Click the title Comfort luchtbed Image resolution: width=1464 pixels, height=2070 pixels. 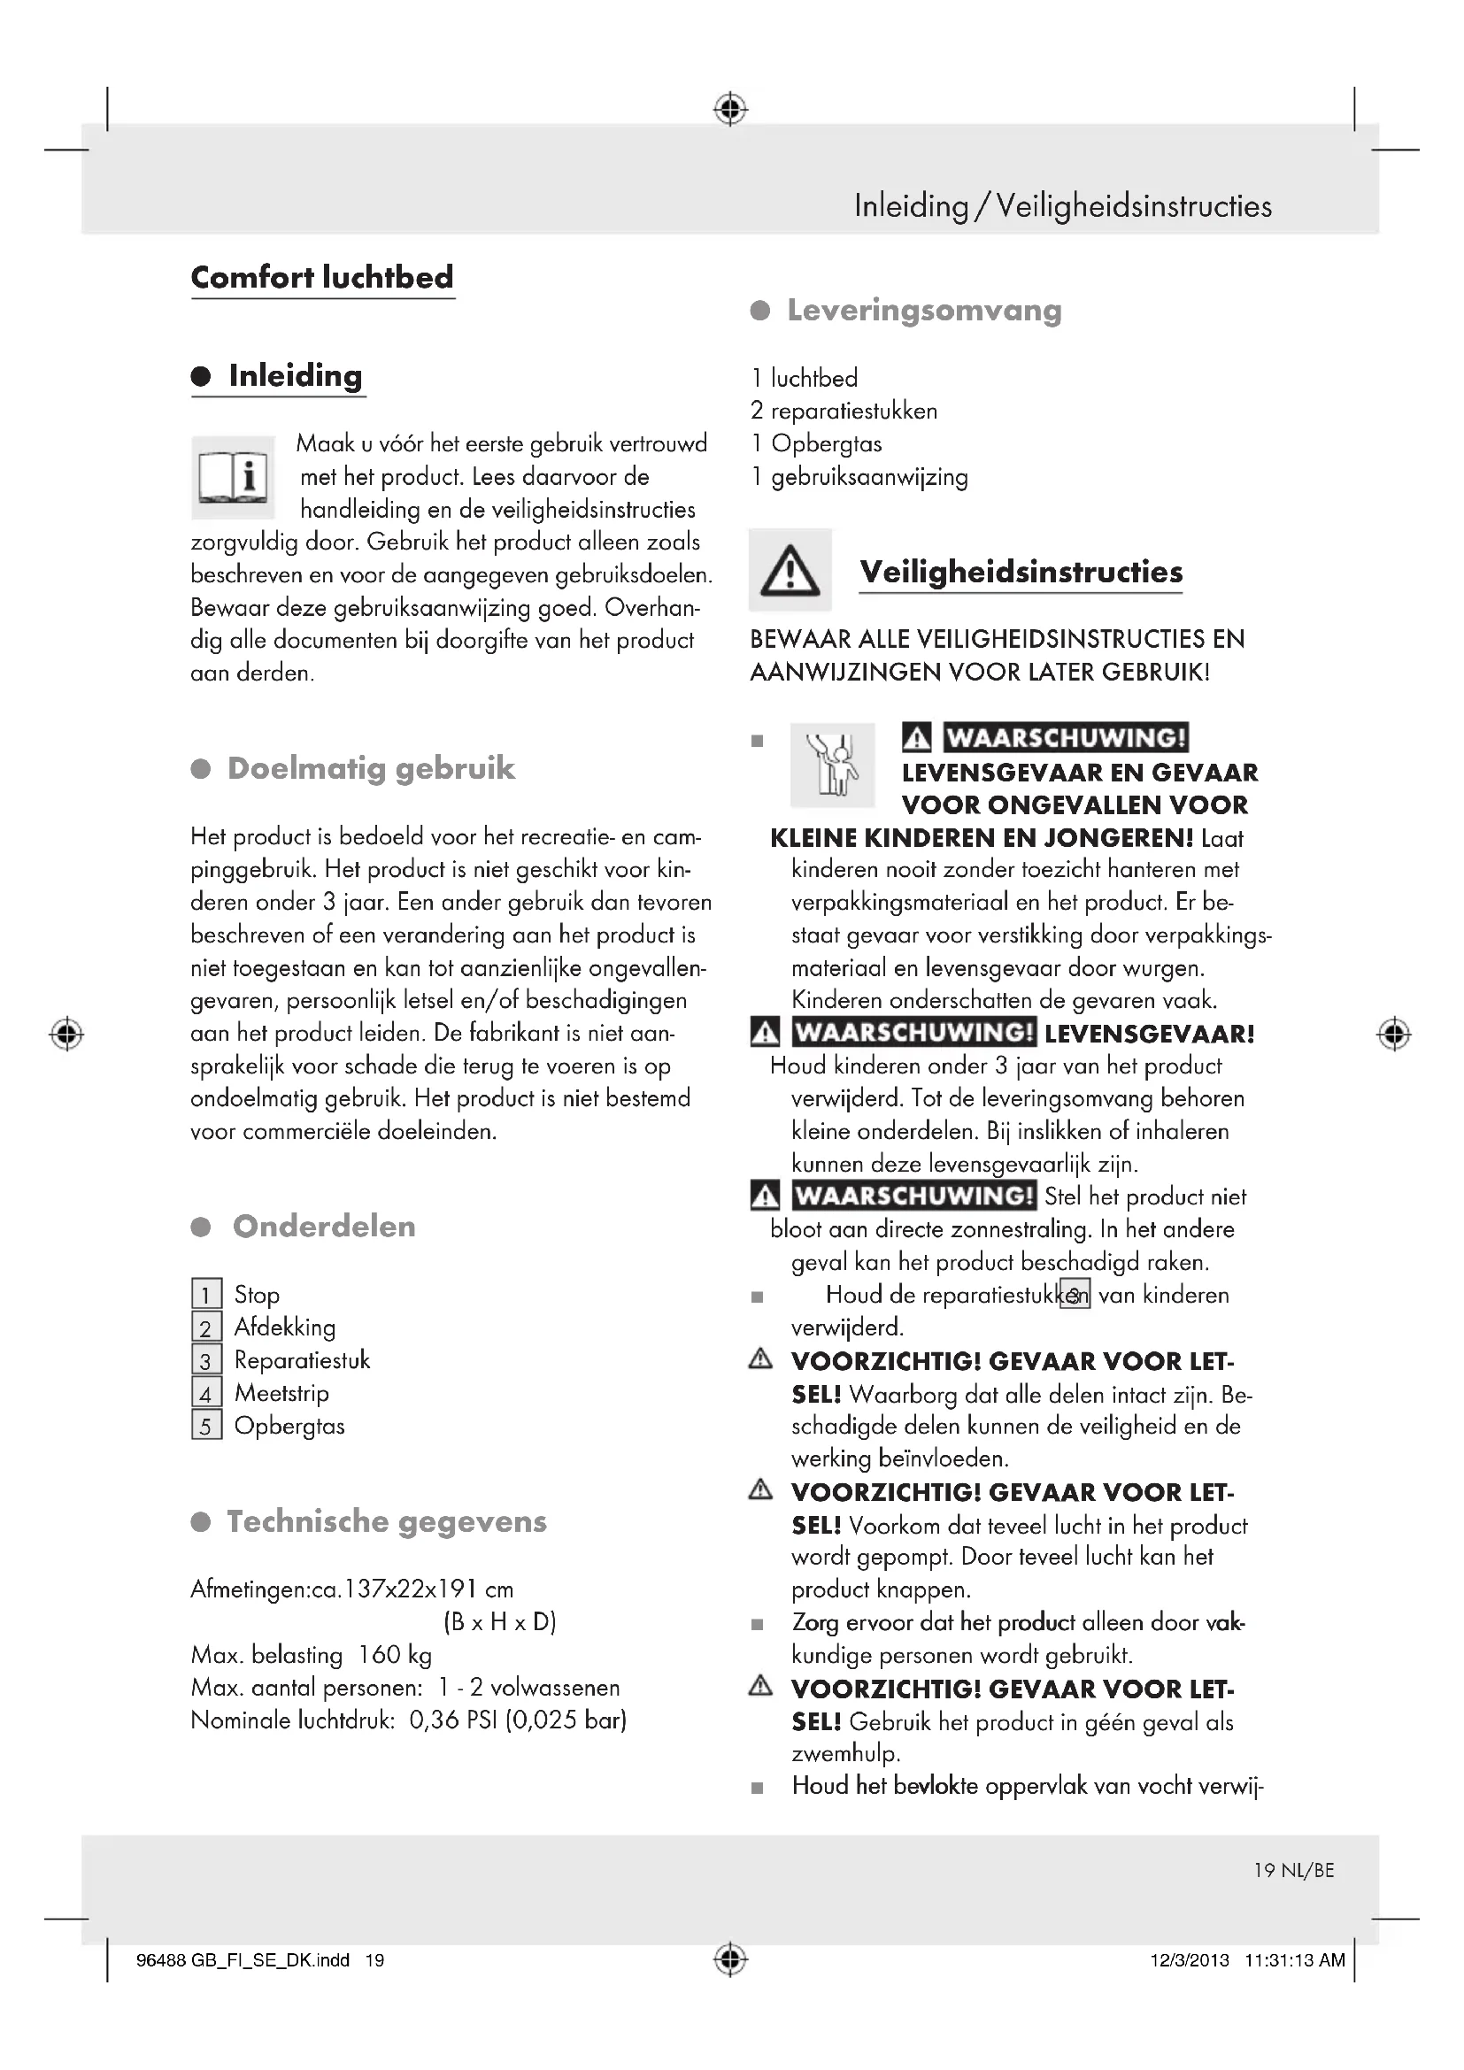pos(322,277)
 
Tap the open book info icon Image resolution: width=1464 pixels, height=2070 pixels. pos(233,477)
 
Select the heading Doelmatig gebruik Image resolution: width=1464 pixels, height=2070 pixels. pos(371,768)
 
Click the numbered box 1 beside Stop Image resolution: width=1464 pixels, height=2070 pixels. pos(206,1296)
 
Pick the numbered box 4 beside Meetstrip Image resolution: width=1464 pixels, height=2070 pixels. pos(206,1394)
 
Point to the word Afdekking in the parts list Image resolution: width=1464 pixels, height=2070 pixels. pos(285,1327)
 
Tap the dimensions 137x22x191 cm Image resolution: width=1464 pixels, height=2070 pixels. pos(429,1589)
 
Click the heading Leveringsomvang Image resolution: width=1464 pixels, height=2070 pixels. pos(924,310)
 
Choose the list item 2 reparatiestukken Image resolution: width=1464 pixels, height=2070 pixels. pos(844,412)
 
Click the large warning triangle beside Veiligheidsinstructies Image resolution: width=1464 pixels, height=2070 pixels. pos(790,571)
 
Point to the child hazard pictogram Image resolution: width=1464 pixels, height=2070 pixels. pos(832,765)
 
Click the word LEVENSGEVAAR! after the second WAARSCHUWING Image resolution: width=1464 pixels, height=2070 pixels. pos(1150,1033)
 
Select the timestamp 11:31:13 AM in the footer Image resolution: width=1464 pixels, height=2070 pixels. pos(1295,1960)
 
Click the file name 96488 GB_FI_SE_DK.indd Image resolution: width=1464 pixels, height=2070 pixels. pos(243,1960)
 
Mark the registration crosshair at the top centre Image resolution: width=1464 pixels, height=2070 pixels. pos(730,109)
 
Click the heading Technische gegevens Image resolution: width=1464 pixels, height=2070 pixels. pos(386,1522)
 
